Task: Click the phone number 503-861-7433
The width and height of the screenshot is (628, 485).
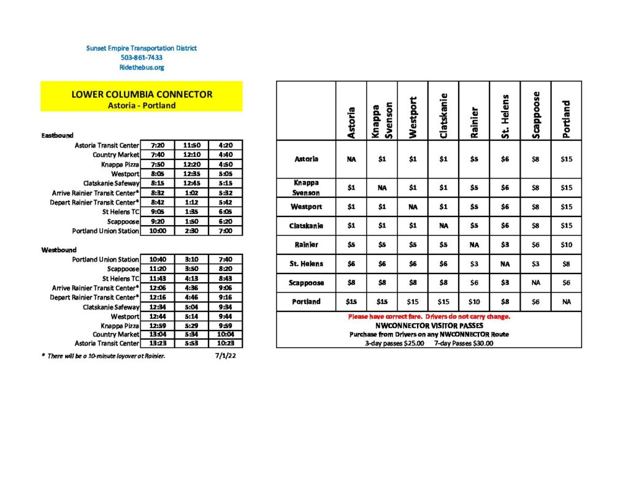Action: pyautogui.click(x=142, y=58)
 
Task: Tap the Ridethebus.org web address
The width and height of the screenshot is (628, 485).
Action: pyautogui.click(x=142, y=67)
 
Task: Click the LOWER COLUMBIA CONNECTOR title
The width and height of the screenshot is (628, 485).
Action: pyautogui.click(x=142, y=94)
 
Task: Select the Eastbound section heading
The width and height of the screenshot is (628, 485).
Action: pyautogui.click(x=58, y=135)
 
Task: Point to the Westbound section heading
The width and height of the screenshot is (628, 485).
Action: pyautogui.click(x=59, y=250)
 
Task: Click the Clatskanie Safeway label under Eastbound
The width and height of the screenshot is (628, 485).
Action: pyautogui.click(x=112, y=183)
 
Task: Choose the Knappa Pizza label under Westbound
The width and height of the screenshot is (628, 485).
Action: pyautogui.click(x=120, y=325)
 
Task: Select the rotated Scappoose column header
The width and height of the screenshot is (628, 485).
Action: pyautogui.click(x=535, y=115)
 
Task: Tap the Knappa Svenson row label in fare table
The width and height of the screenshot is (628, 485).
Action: pyautogui.click(x=306, y=188)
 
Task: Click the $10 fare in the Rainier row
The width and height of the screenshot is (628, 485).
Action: pyautogui.click(x=566, y=245)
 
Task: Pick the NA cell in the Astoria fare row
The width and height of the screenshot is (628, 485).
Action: pyautogui.click(x=351, y=159)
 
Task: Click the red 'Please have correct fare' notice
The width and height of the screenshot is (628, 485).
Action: pyautogui.click(x=429, y=316)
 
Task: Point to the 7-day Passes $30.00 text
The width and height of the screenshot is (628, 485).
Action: pyautogui.click(x=463, y=343)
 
